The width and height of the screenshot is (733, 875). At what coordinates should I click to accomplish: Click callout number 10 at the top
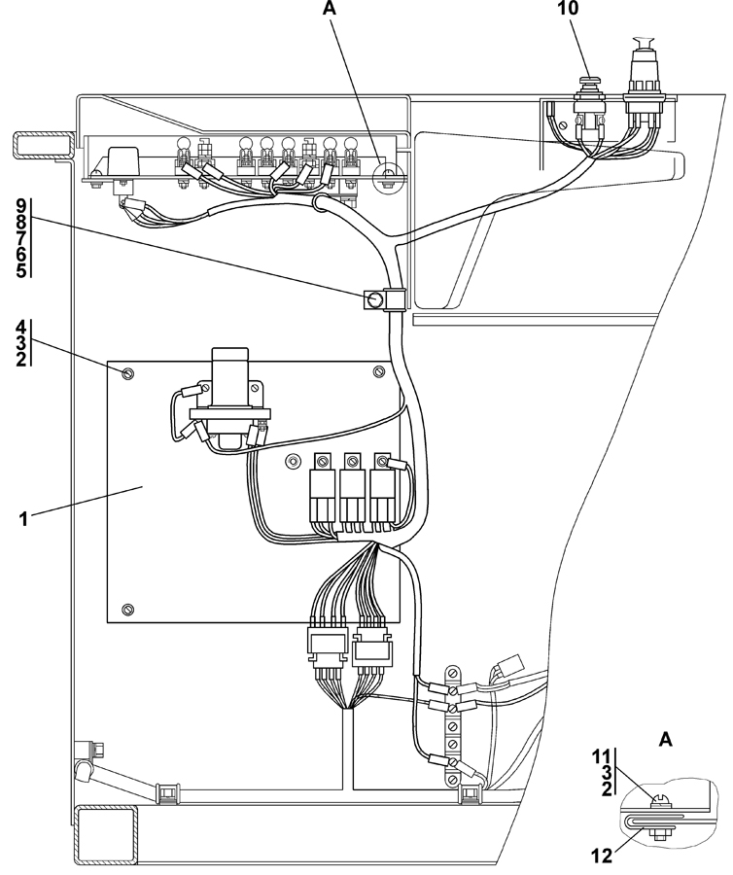pos(568,9)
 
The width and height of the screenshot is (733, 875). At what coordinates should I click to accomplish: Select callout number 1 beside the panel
pos(23,519)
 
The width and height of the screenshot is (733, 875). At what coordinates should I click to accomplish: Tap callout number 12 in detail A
pos(603,855)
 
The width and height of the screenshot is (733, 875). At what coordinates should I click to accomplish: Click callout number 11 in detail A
pos(603,757)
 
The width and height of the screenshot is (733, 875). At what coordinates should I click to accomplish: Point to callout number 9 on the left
pos(20,206)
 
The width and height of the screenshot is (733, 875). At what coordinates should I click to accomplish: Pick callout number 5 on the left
pos(20,270)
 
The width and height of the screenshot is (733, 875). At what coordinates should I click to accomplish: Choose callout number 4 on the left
pos(20,327)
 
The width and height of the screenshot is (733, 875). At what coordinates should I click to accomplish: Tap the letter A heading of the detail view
pos(666,740)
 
